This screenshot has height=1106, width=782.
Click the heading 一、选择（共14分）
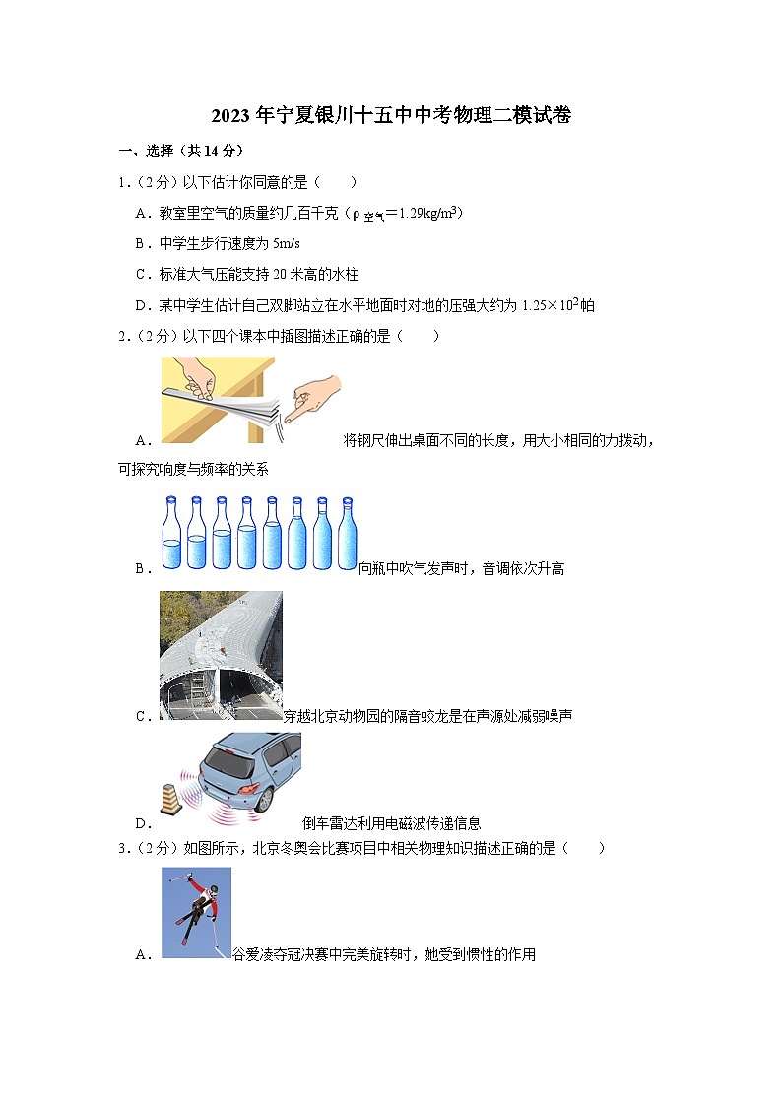pyautogui.click(x=179, y=151)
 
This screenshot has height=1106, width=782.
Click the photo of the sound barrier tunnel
pyautogui.click(x=221, y=655)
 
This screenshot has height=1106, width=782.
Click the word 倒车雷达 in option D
pyautogui.click(x=330, y=824)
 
